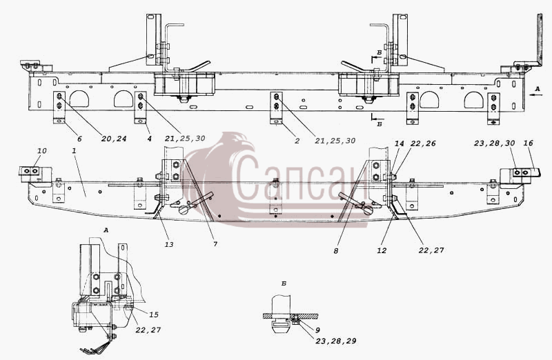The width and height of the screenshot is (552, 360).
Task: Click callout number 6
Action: tap(79, 139)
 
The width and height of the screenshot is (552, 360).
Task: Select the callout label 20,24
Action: tap(113, 139)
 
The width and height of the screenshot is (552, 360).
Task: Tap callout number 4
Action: tap(149, 139)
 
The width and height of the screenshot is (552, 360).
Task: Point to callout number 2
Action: tap(297, 141)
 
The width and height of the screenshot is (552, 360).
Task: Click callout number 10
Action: tap(41, 151)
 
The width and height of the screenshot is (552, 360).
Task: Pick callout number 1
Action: tap(74, 150)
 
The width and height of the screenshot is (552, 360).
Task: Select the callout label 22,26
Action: tap(423, 143)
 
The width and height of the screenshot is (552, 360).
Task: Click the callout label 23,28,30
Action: tap(494, 143)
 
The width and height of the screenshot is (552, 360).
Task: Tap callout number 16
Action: tap(528, 143)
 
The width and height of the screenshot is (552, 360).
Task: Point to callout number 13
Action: tap(169, 244)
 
